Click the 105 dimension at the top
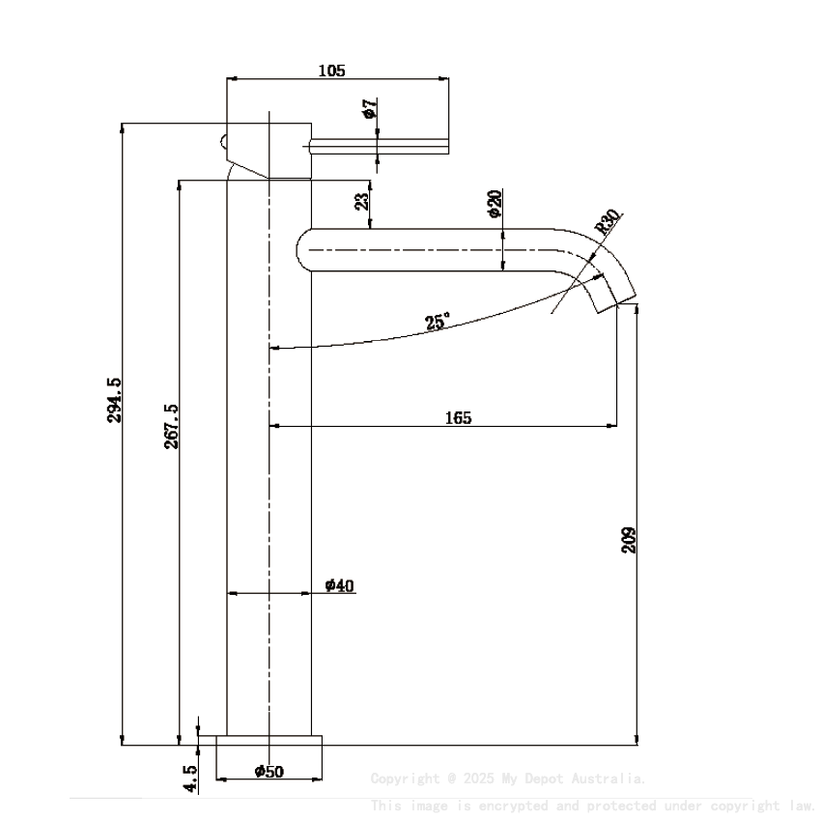point(331,70)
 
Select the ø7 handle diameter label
point(369,108)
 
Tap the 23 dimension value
point(361,201)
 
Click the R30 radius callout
point(608,223)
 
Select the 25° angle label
point(437,323)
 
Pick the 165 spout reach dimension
point(458,417)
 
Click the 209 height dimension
point(629,539)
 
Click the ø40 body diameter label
point(340,585)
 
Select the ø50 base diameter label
point(269,771)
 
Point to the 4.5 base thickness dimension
point(190,779)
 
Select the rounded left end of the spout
point(302,248)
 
